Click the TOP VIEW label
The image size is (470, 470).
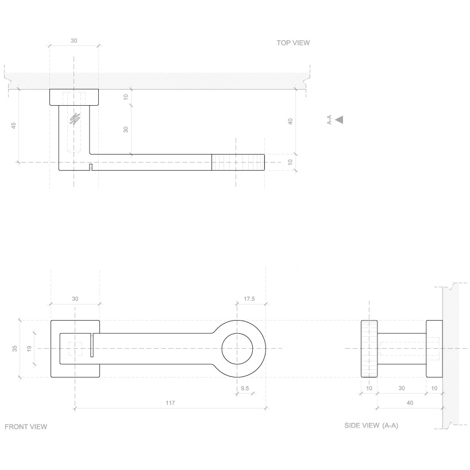point(293,43)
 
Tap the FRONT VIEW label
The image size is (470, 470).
point(26,427)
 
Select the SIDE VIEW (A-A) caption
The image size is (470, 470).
point(371,426)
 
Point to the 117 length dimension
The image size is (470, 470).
point(170,403)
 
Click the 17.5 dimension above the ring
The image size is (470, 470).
point(249,299)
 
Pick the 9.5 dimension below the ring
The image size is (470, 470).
point(245,388)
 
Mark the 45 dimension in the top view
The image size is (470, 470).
point(14,126)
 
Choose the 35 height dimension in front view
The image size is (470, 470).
point(15,348)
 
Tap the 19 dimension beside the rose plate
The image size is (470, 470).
point(30,348)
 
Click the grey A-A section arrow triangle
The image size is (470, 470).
point(340,120)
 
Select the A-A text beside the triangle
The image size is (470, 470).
point(329,120)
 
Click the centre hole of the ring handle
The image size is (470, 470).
point(237,348)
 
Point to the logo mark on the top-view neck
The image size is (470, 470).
point(74,118)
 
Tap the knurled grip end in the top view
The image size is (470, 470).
point(238,163)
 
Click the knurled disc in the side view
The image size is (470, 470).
point(369,348)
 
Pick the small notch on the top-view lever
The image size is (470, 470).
point(91,167)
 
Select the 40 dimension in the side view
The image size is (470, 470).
point(409,403)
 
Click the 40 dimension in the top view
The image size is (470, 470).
point(291,121)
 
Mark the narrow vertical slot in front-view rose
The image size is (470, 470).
point(91,345)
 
